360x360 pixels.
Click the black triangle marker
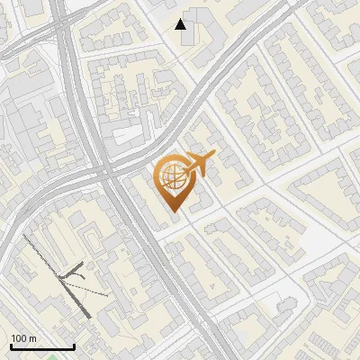click(x=181, y=24)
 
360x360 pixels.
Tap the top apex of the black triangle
click(x=181, y=19)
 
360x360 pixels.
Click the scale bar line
click(x=41, y=347)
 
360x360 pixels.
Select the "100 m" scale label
click(x=23, y=338)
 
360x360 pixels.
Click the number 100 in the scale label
click(x=20, y=338)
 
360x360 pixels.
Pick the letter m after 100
click(x=32, y=338)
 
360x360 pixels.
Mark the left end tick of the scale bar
click(x=10, y=346)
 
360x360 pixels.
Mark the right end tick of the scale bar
click(x=74, y=346)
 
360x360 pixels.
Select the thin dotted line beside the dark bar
click(x=94, y=289)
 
